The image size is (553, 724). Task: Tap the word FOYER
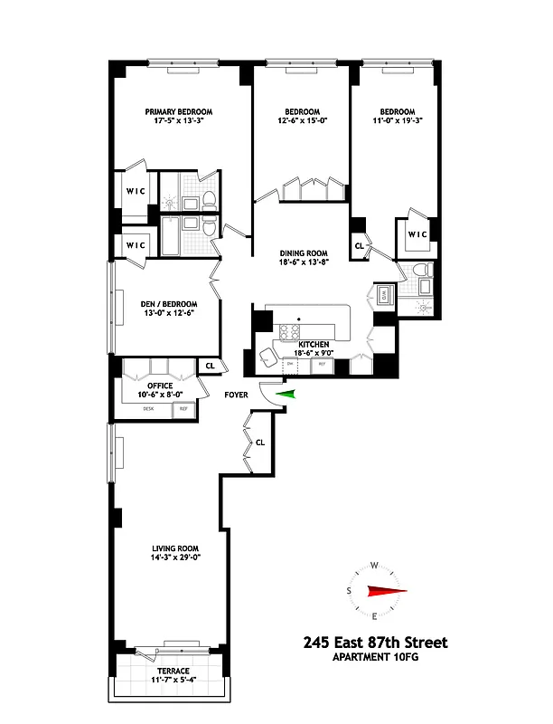(x=238, y=395)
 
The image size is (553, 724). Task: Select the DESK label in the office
(x=149, y=409)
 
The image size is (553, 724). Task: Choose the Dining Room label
(x=303, y=252)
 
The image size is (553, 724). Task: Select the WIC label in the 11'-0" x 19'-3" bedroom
(x=417, y=234)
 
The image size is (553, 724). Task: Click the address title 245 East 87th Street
(x=375, y=643)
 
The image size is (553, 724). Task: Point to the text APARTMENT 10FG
(x=375, y=658)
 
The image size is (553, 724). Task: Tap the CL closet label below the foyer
(x=260, y=443)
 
